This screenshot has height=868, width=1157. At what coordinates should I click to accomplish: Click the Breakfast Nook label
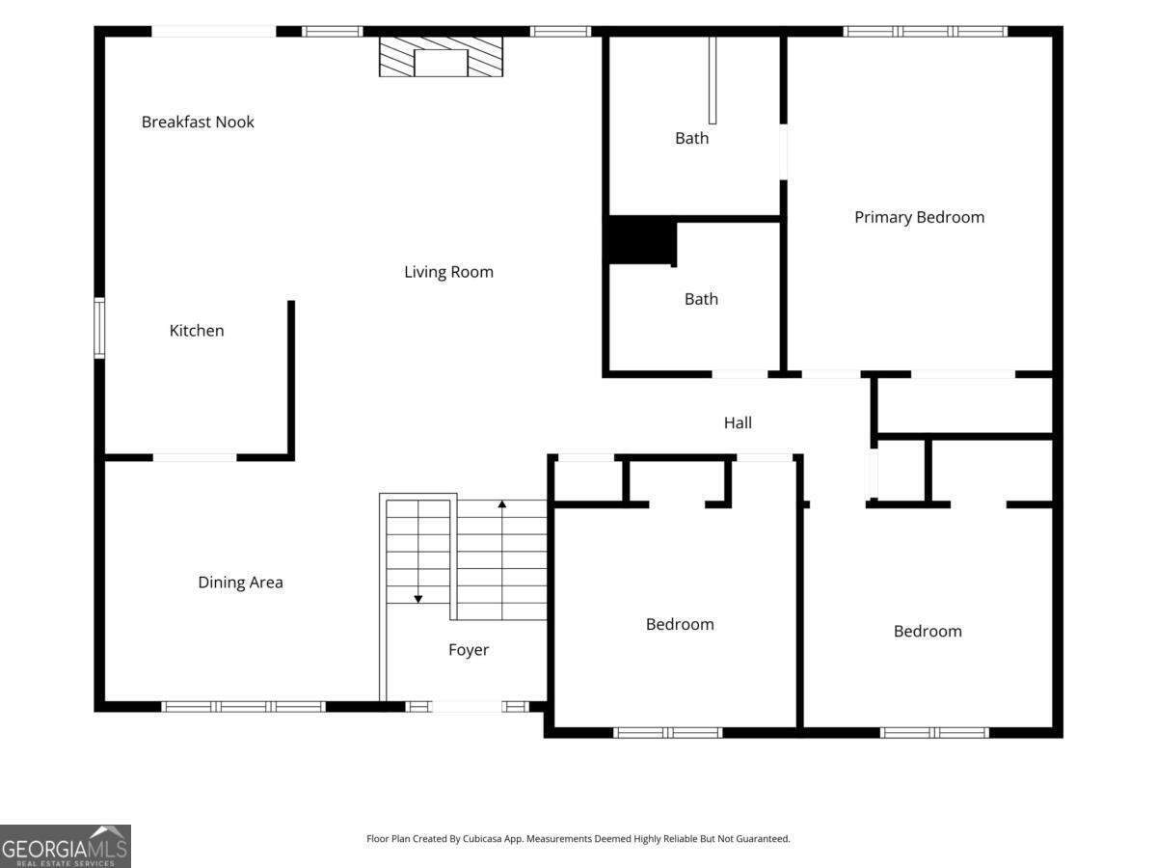coord(198,122)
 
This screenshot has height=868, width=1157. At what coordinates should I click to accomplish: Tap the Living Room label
coord(448,272)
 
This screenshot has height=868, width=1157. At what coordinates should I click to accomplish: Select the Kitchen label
coord(197,331)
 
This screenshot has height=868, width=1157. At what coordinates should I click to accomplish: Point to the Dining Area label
coord(240,583)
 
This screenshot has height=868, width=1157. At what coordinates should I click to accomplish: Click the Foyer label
coord(468,650)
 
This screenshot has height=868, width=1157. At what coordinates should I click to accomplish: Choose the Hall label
coord(738,422)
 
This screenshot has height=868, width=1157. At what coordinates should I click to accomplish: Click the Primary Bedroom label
coord(919,217)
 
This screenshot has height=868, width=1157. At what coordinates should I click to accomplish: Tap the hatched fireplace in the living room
coord(441,56)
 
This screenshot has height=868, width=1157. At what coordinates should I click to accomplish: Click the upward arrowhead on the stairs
coord(501,504)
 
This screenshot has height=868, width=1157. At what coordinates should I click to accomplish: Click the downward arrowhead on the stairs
coord(418,599)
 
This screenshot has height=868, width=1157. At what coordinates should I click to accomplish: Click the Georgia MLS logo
coord(66,847)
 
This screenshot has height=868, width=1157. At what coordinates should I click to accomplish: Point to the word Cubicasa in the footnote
coord(482,838)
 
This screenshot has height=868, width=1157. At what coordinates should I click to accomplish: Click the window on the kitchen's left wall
coord(99,328)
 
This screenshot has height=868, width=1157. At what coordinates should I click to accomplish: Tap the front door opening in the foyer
coord(467,707)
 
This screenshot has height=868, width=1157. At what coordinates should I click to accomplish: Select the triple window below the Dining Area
coord(243,707)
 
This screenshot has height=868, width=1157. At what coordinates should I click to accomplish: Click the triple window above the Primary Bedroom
coord(925,31)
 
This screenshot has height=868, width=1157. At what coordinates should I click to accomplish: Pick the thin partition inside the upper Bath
coord(713,80)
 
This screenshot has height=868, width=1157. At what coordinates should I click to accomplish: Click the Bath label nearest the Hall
coord(701,299)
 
